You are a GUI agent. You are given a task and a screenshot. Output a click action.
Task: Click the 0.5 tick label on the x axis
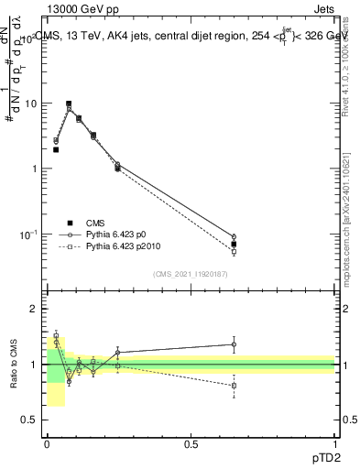(x=191, y=444)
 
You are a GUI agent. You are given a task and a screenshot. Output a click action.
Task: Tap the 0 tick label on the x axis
(x=47, y=444)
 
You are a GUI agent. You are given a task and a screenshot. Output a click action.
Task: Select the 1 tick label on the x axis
(x=334, y=444)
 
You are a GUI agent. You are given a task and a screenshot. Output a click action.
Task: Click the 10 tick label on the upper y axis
(x=32, y=104)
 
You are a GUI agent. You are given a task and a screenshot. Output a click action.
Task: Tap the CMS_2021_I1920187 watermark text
(x=191, y=274)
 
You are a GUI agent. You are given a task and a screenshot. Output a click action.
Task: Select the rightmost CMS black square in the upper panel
(x=234, y=245)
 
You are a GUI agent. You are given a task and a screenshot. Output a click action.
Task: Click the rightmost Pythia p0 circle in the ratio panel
(x=234, y=345)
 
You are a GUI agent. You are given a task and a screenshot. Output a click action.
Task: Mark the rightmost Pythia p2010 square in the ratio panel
(x=234, y=386)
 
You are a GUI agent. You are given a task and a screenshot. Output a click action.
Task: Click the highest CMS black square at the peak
(x=69, y=104)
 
